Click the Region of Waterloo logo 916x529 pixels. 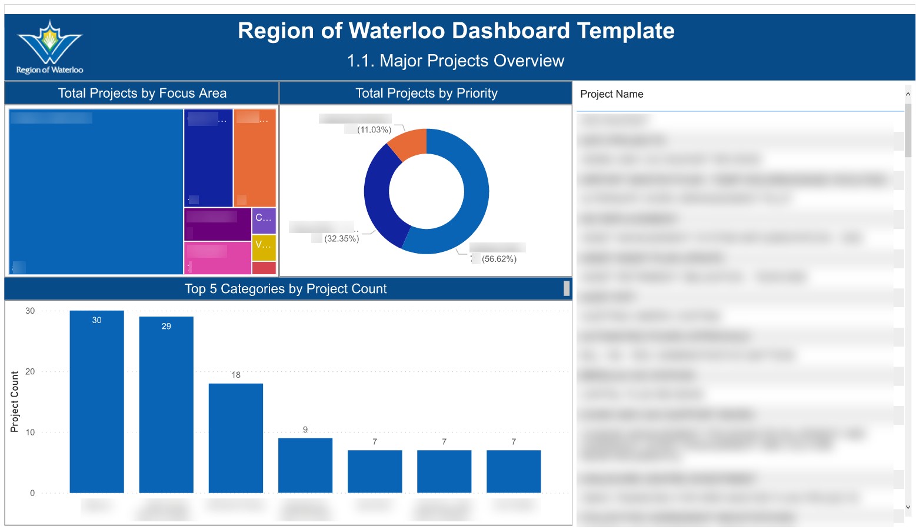[x=49, y=47]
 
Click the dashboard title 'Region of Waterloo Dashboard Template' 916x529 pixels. [x=456, y=31]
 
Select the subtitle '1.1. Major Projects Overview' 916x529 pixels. [x=455, y=61]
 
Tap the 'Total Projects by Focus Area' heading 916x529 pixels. [x=142, y=93]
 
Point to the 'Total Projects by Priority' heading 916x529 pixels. [x=427, y=93]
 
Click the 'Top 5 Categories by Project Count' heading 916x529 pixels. [x=285, y=289]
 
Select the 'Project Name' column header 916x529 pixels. [x=612, y=94]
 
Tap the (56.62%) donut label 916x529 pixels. [x=499, y=259]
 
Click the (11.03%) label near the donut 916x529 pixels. [x=374, y=130]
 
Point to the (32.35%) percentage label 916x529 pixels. [x=341, y=239]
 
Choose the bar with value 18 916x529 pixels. [x=235, y=438]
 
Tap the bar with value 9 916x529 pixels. [x=305, y=465]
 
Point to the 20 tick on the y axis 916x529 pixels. [x=30, y=372]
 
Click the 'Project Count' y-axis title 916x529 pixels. [x=15, y=401]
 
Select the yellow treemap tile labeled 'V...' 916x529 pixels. [x=264, y=248]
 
